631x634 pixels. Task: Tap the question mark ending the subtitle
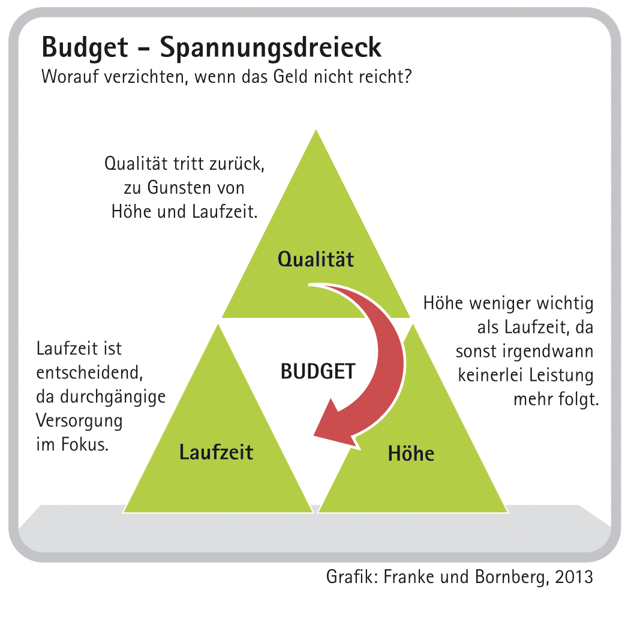point(407,76)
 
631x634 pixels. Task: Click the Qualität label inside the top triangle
point(315,259)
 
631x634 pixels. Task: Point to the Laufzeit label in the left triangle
point(217,452)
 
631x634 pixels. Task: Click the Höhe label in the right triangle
point(411,453)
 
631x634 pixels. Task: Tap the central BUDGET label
point(318,371)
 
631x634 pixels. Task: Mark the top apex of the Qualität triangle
point(316,130)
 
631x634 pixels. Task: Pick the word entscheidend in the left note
point(89,372)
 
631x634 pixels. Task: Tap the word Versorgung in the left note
point(79,421)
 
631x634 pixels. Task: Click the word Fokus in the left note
point(85,444)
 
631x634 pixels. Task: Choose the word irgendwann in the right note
point(548,351)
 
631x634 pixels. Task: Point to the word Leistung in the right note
point(561,375)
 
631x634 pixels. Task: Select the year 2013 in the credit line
point(574,577)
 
